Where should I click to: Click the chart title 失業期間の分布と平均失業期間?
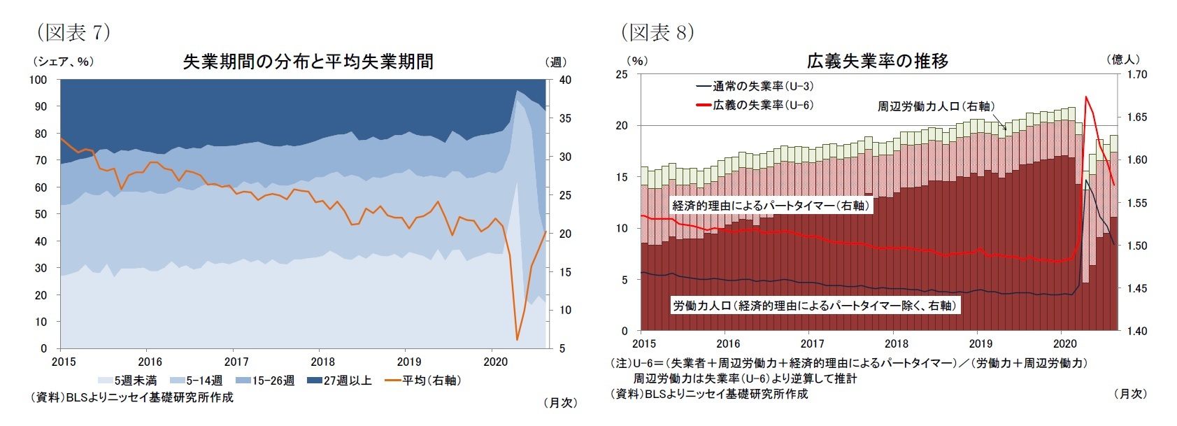point(308,62)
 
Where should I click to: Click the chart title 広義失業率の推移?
point(878,61)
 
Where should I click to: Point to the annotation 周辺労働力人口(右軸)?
point(936,106)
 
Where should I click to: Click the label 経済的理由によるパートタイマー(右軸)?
point(771,206)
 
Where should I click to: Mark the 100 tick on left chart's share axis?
point(38,80)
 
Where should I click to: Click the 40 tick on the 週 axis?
point(565,80)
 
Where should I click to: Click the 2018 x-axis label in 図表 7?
point(322,362)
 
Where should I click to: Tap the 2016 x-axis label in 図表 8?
point(728,343)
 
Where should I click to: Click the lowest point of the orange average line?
point(517,340)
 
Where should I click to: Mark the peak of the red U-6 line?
point(1086,97)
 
